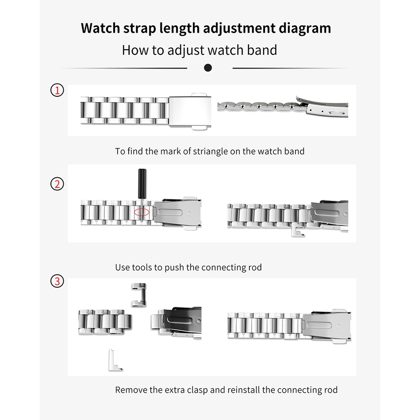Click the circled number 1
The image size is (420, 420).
pos(57,90)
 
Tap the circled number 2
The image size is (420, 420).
pos(57,184)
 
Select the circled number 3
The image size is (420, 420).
pos(57,281)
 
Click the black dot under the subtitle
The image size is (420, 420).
pos(208,68)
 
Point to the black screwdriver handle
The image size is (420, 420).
pos(142,183)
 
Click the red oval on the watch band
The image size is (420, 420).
pos(141,212)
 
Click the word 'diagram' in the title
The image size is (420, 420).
pos(305,29)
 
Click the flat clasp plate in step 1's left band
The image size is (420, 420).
pos(190,111)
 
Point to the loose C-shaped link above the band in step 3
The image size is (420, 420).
pos(139,295)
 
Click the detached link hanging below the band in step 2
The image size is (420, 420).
pos(298,232)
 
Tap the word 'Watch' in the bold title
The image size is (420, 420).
pos(100,28)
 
